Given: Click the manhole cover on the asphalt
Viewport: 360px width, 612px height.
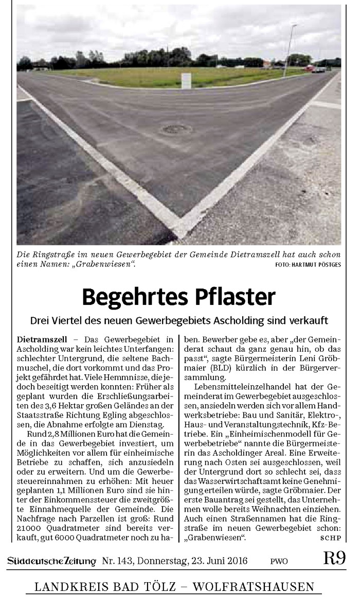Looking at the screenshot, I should tap(176, 129).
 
